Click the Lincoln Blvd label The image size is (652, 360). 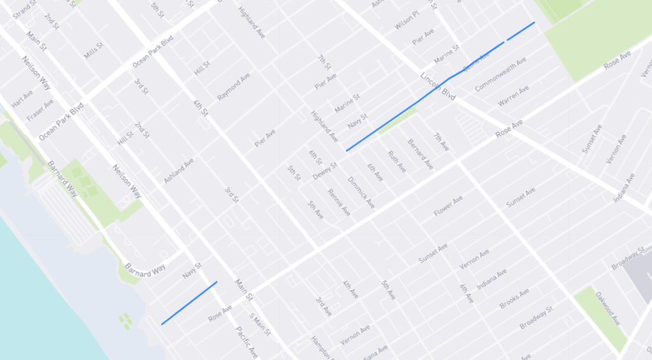pos(439,87)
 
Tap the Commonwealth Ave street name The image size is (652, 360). pos(500,75)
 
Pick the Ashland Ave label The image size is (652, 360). pos(179,170)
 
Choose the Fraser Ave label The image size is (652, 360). pos(40,111)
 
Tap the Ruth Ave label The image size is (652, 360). pos(397,161)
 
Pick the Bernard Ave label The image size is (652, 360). pos(420,154)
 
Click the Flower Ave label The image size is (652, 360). pos(448,206)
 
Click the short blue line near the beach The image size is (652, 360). pos(189,303)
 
